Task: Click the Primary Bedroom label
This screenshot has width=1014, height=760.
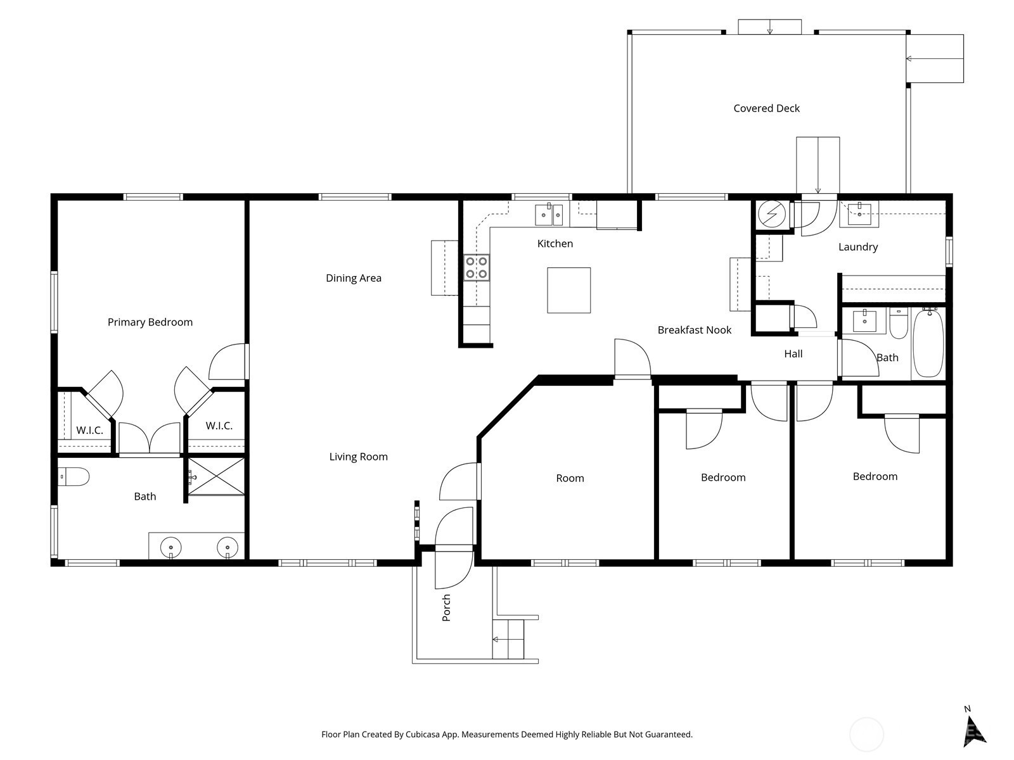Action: [x=150, y=322]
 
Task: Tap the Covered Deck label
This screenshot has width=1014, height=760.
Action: [x=766, y=108]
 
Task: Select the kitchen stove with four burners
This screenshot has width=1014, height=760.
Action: [x=477, y=268]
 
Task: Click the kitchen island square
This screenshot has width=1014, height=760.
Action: [x=568, y=290]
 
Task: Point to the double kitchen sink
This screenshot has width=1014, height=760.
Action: [x=549, y=215]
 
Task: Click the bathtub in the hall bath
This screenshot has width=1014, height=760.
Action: [x=928, y=343]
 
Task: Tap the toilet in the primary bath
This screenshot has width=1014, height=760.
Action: [x=74, y=477]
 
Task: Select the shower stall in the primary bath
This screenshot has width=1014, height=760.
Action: [x=215, y=476]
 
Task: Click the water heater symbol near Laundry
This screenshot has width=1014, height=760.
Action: [x=772, y=214]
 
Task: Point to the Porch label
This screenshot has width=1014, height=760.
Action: [x=446, y=607]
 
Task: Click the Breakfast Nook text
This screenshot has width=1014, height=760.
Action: [x=695, y=330]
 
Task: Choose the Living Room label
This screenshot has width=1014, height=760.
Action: [x=359, y=457]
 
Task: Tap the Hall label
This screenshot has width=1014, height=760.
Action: [x=793, y=354]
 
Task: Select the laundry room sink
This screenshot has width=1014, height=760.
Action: [x=859, y=214]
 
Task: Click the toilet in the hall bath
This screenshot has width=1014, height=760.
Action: [x=899, y=323]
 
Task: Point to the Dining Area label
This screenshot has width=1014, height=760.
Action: [x=354, y=278]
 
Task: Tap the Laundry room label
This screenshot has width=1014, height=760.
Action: [x=858, y=247]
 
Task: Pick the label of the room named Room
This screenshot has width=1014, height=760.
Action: [x=570, y=478]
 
